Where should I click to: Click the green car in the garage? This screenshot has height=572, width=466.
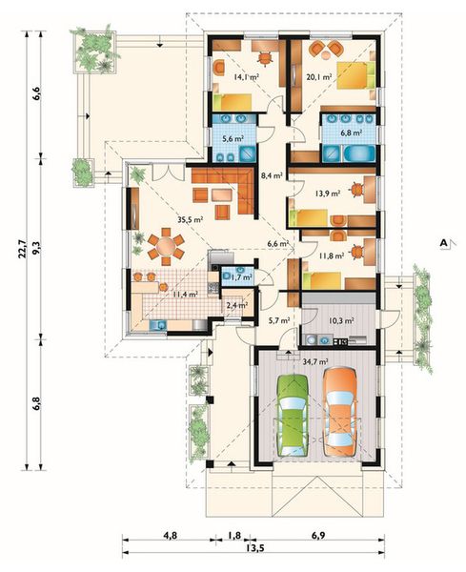[293, 415]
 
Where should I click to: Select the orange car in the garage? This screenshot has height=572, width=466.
[340, 412]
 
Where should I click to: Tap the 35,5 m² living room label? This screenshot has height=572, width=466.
[191, 219]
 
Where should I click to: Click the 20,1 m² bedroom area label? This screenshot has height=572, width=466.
[319, 77]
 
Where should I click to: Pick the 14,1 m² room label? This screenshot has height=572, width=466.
[247, 77]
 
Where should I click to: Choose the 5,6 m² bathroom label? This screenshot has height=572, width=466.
[233, 138]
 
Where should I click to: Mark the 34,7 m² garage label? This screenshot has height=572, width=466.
[315, 361]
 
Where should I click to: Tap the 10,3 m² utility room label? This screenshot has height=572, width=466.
[341, 321]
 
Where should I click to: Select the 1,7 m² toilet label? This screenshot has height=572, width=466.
[241, 277]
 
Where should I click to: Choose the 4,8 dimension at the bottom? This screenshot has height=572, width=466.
[170, 536]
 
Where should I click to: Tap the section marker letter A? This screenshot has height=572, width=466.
[443, 243]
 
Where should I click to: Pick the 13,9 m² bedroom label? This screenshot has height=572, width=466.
[328, 194]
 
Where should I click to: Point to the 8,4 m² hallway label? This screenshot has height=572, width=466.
[273, 176]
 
